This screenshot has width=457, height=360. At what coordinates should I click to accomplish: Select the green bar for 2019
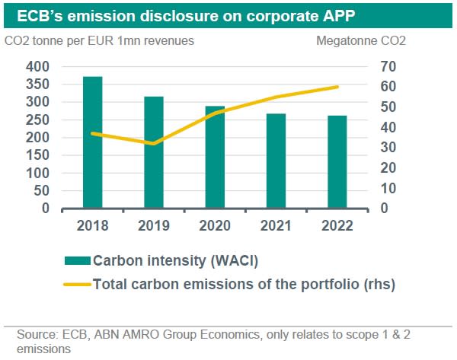point(154,152)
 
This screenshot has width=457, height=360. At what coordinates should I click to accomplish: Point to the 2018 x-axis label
point(91,226)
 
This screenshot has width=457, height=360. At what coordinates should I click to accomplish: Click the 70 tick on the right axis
point(388,67)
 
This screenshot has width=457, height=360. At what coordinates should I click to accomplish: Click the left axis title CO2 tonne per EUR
point(99,40)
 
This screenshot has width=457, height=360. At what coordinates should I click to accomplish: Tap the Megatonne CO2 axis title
point(361,40)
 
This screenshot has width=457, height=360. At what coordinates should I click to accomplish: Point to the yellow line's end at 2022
point(338,87)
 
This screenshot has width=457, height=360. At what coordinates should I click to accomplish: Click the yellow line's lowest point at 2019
point(154,143)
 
